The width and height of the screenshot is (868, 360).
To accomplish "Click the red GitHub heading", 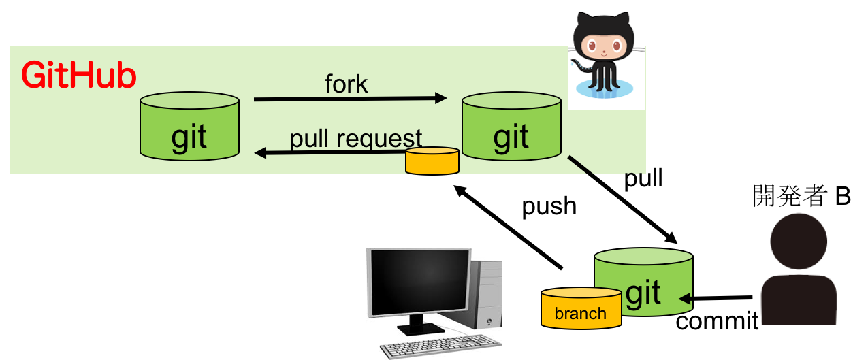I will tap(79, 76).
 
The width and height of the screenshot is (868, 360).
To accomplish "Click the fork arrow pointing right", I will tap(350, 99).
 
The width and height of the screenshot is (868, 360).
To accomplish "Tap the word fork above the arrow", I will tap(347, 84).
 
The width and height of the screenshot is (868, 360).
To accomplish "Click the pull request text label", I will tap(356, 138).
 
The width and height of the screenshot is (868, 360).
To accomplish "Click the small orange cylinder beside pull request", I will tap(432, 161).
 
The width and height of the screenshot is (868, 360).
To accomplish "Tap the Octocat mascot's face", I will tap(603, 46).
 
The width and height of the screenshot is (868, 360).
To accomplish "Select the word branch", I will tap(580, 313).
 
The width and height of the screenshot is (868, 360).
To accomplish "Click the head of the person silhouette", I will tap(799, 241).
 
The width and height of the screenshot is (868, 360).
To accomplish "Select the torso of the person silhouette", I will tap(799, 299).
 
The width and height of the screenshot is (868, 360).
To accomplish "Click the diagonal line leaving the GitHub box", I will tap(581, 166).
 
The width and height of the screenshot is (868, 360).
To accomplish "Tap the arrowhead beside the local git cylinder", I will tap(685, 298).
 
